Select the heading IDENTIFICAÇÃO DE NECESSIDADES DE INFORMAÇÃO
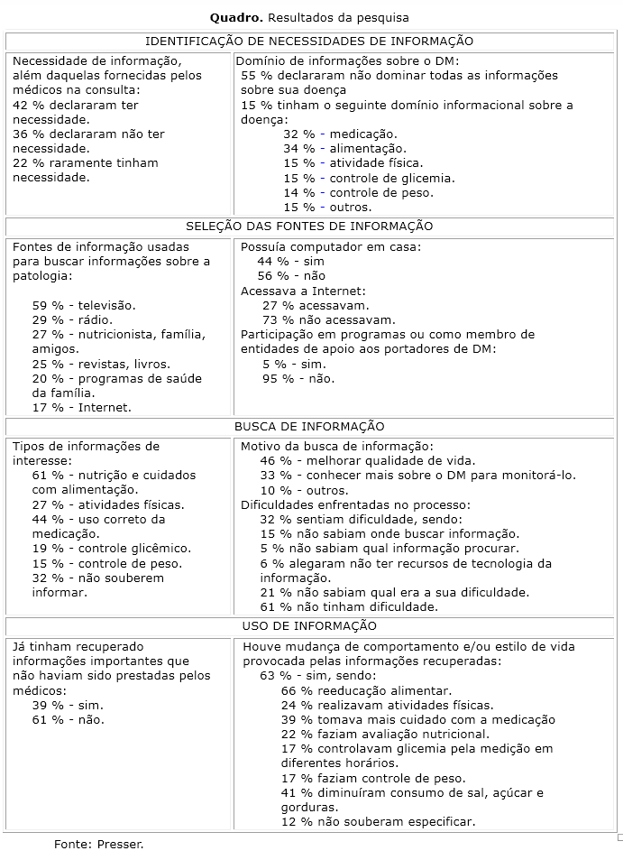pyautogui.click(x=309, y=41)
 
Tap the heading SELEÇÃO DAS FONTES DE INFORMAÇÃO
pyautogui.click(x=309, y=226)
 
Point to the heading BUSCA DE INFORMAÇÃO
pyautogui.click(x=309, y=426)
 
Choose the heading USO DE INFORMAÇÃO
pyautogui.click(x=309, y=625)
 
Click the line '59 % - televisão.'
pyautogui.click(x=84, y=305)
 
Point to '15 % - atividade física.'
pyautogui.click(x=352, y=162)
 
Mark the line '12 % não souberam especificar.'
pyautogui.click(x=378, y=821)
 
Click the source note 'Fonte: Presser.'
pyautogui.click(x=99, y=844)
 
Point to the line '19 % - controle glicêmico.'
pyautogui.click(x=112, y=548)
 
